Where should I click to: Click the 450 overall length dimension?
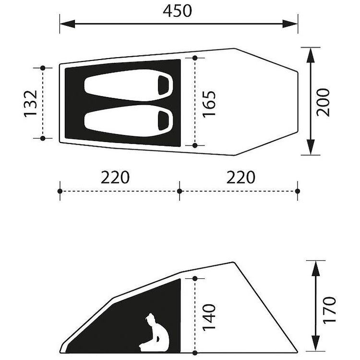click(177, 11)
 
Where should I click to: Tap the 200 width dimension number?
click(323, 102)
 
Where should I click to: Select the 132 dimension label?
click(31, 104)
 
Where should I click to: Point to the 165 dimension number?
click(209, 104)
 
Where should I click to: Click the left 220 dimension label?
click(115, 177)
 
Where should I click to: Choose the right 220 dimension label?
click(240, 177)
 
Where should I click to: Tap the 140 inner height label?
click(209, 318)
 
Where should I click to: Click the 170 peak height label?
click(329, 310)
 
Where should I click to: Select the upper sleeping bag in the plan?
click(129, 85)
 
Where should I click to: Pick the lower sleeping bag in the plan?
click(129, 121)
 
